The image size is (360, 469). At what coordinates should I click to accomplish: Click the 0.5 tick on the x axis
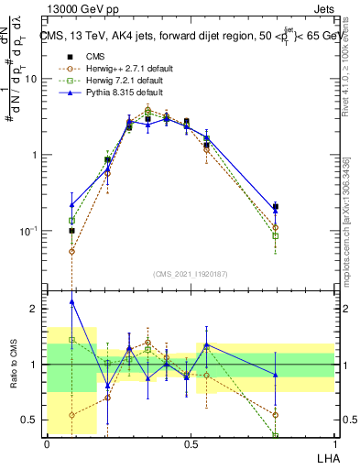pos(190,444)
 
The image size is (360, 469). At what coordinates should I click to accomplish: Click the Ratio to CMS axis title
pos(15,365)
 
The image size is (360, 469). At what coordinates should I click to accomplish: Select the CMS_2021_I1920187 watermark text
pos(190,274)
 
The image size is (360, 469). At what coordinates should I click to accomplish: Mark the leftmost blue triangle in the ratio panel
pos(72,301)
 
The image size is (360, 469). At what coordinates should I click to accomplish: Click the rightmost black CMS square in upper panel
pos(276,207)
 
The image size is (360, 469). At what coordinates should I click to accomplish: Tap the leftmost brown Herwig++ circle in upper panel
pos(72,251)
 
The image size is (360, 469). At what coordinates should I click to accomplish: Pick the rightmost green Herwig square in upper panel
pos(276,236)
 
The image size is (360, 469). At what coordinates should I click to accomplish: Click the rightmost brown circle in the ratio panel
pos(276,415)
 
